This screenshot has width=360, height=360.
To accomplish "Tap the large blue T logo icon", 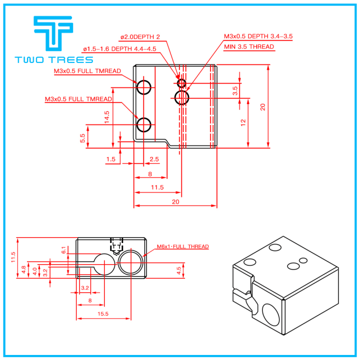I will pos(52,33).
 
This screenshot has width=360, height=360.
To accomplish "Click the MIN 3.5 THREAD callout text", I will pos(249,47).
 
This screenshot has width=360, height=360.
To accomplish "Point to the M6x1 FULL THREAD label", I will pos(182,246).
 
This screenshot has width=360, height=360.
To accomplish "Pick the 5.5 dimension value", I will pos(82,137).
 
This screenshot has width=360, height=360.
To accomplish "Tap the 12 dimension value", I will pos(243,122).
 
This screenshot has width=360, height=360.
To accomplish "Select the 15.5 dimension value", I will pos(103,313).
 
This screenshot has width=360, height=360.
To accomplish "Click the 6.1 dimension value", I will pos(63,250).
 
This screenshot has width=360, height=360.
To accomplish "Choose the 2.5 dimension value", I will pos(154,159).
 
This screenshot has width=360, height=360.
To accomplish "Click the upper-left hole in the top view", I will pos(144,87).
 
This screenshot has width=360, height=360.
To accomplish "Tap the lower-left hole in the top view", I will pos(144,124).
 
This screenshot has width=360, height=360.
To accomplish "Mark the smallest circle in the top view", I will pos(181,83).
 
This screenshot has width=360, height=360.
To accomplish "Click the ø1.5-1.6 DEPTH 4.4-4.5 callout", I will pos(119,48).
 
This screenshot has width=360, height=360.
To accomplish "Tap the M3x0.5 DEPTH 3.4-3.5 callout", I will pos(257,36).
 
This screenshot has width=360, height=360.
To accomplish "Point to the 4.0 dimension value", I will pos(34,270).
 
